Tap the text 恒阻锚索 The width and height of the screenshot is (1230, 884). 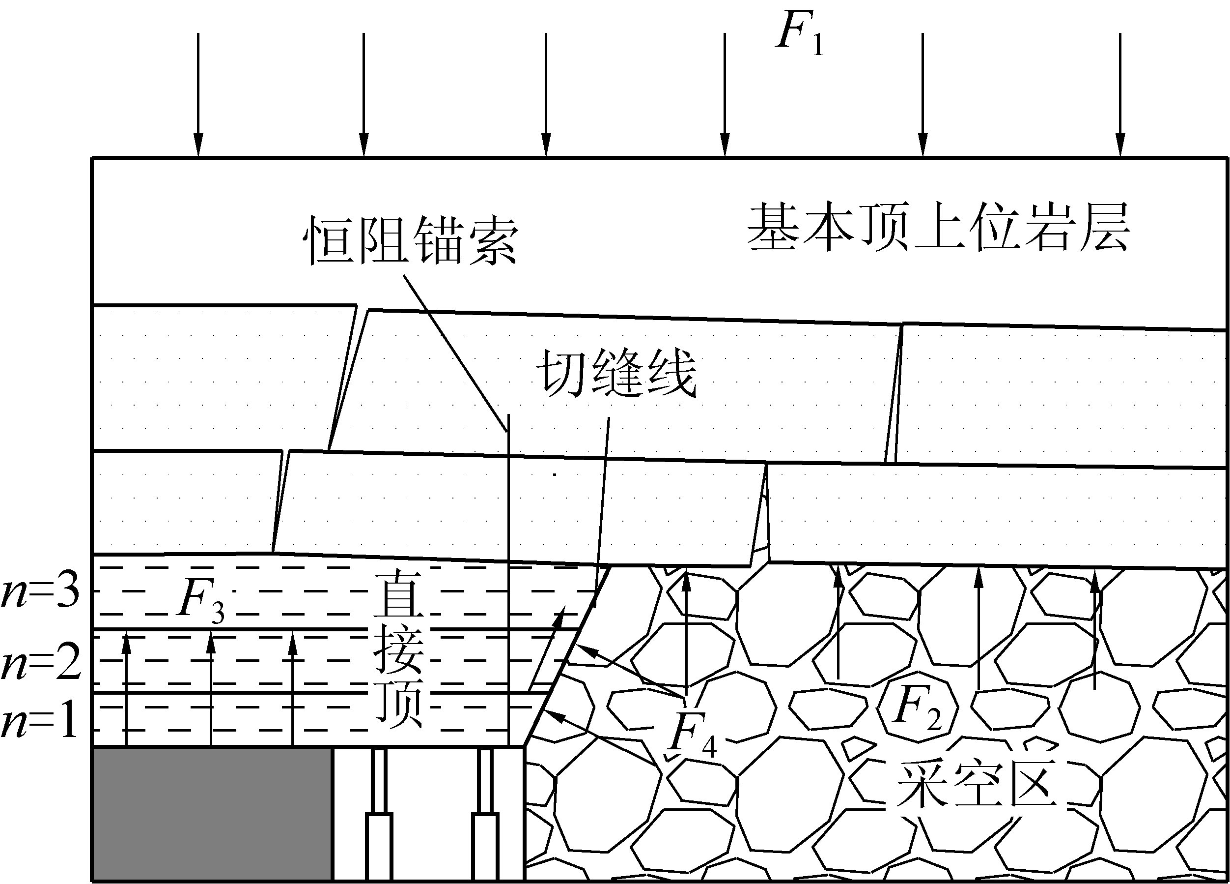point(411,240)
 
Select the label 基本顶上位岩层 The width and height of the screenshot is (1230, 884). point(938,227)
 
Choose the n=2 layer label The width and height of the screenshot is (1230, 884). point(41,663)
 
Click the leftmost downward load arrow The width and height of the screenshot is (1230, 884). point(198,95)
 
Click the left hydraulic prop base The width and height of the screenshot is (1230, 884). point(379,846)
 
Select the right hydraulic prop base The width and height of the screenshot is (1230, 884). point(485,846)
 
